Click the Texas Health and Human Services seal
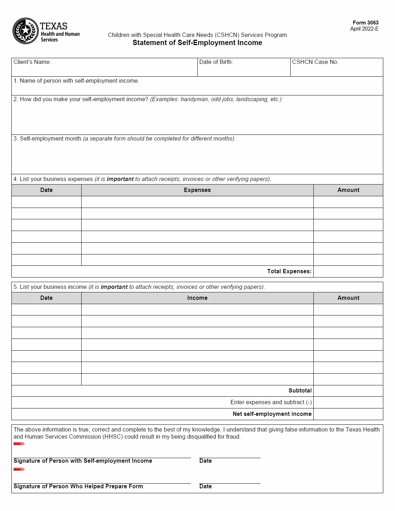pos(25,31)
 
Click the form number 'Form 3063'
pos(365,23)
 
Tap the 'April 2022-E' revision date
pos(364,29)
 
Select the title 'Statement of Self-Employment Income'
pos(197,43)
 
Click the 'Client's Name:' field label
pos(32,62)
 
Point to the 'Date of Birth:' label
pos(216,62)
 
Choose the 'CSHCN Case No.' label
pos(315,62)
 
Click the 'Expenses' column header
pos(197,190)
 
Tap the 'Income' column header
pos(197,298)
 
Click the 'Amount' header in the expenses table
pos(348,190)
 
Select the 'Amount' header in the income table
pos(348,298)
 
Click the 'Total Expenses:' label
pos(289,271)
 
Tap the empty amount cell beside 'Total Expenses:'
pos(348,271)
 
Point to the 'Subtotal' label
pos(300,391)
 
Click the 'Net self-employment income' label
pos(272,414)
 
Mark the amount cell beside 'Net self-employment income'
pos(348,414)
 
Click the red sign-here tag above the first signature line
pos(19,444)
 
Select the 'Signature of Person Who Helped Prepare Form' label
pos(78,487)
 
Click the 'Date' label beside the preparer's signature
pos(205,487)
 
